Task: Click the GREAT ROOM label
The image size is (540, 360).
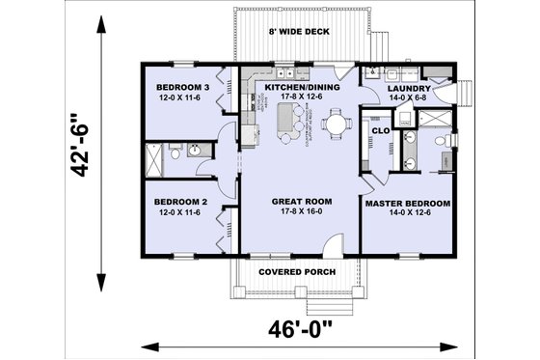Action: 301,201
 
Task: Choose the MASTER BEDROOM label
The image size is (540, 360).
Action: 408,204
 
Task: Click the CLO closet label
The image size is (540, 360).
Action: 380,129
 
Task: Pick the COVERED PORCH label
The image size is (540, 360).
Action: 297,271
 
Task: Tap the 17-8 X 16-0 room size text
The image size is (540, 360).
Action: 301,212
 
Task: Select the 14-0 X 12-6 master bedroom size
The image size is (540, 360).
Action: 408,215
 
